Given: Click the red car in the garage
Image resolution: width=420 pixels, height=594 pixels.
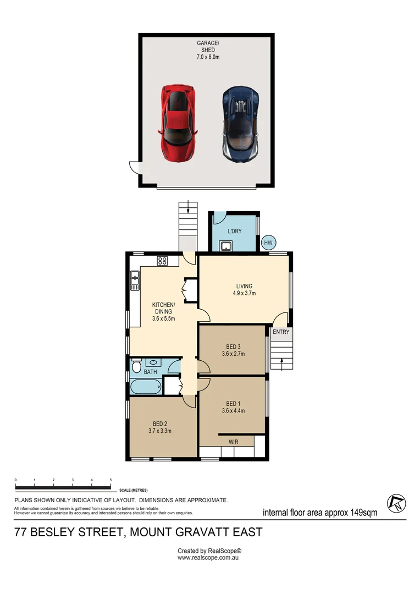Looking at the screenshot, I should (178, 123).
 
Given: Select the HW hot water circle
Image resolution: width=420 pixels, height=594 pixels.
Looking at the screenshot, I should (269, 243).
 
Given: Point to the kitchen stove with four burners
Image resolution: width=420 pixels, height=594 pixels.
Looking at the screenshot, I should (162, 261).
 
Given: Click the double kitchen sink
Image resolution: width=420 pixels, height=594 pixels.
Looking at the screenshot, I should (135, 280).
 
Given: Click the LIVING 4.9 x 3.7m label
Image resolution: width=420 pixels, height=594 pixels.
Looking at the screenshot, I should (244, 290).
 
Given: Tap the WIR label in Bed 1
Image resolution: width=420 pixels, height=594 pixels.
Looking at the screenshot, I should (233, 441).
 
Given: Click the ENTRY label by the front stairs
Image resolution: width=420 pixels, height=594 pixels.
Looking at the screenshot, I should (281, 332).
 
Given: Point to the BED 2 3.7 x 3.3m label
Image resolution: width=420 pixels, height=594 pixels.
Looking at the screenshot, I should (160, 427).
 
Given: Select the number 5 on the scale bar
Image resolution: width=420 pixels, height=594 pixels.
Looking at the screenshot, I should (111, 480).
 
